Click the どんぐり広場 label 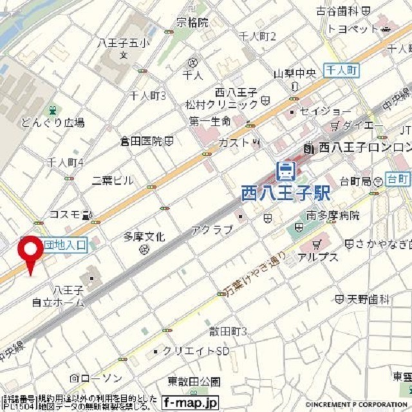tap(53, 122)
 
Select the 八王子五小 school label tap(124, 44)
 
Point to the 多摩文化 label tap(144, 237)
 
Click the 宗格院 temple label tap(192, 23)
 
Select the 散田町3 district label tap(228, 331)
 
